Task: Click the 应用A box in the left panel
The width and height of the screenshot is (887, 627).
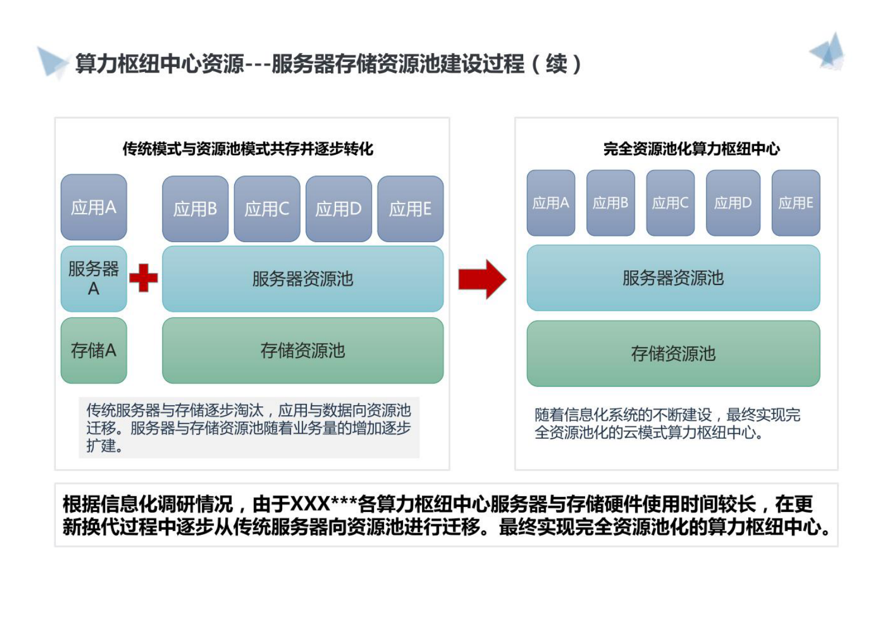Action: [x=94, y=207]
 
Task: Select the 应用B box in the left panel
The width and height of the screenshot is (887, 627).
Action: [x=195, y=209]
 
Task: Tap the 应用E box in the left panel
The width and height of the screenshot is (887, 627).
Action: [x=410, y=209]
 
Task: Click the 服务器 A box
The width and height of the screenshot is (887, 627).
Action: [x=94, y=279]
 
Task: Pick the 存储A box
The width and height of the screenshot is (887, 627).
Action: [x=94, y=350]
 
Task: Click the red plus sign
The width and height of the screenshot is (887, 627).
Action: [x=144, y=278]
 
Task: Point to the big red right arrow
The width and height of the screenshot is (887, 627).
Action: [x=482, y=279]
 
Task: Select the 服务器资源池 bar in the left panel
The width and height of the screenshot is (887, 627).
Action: [x=302, y=279]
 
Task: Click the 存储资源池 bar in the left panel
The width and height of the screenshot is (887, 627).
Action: [x=302, y=350]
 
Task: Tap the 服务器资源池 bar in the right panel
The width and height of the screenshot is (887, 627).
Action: [x=673, y=278]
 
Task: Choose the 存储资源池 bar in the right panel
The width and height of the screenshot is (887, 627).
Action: [x=673, y=353]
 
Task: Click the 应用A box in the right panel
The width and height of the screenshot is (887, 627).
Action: [x=551, y=203]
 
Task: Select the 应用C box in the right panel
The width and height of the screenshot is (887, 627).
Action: [x=670, y=203]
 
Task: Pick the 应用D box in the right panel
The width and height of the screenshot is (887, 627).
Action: [x=733, y=203]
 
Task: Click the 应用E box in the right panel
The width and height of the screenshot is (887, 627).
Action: [x=796, y=203]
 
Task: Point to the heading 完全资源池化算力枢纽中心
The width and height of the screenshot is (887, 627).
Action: [x=691, y=149]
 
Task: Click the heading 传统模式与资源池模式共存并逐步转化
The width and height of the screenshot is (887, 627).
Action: [x=248, y=149]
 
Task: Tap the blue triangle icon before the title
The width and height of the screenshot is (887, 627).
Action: [x=52, y=61]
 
